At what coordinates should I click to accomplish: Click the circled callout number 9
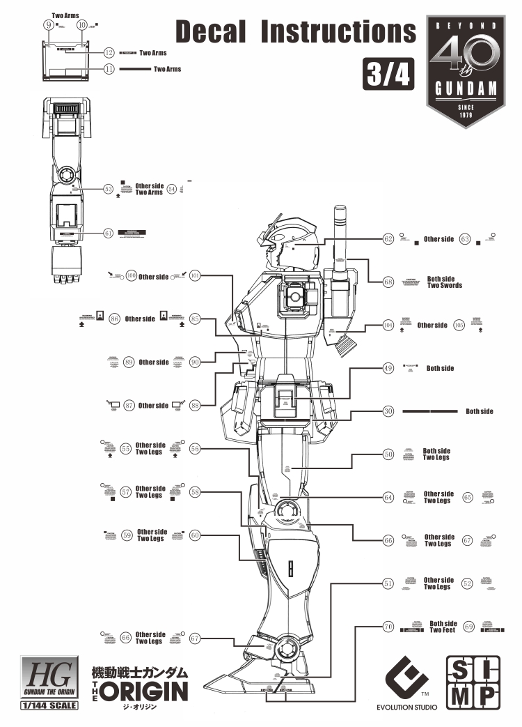pyautogui.click(x=49, y=25)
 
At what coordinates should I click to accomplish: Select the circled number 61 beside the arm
pyautogui.click(x=109, y=233)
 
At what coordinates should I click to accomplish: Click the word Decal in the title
pyautogui.click(x=212, y=31)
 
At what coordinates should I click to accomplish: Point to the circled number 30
pyautogui.click(x=388, y=411)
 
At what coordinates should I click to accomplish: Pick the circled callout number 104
pyautogui.click(x=388, y=326)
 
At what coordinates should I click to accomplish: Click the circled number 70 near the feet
pyautogui.click(x=388, y=627)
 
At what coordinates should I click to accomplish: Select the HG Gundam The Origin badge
pyautogui.click(x=49, y=679)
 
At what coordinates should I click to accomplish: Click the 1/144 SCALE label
pyautogui.click(x=49, y=705)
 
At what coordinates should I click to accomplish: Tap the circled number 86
pyautogui.click(x=115, y=319)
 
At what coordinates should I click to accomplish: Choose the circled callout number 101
pyautogui.click(x=195, y=276)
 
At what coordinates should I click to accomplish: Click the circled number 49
pyautogui.click(x=388, y=368)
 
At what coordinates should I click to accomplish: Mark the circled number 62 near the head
pyautogui.click(x=388, y=239)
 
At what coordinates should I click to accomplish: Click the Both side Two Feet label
pyautogui.click(x=443, y=627)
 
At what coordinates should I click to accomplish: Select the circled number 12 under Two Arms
pyautogui.click(x=109, y=53)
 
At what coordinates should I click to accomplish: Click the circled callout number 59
pyautogui.click(x=127, y=535)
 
